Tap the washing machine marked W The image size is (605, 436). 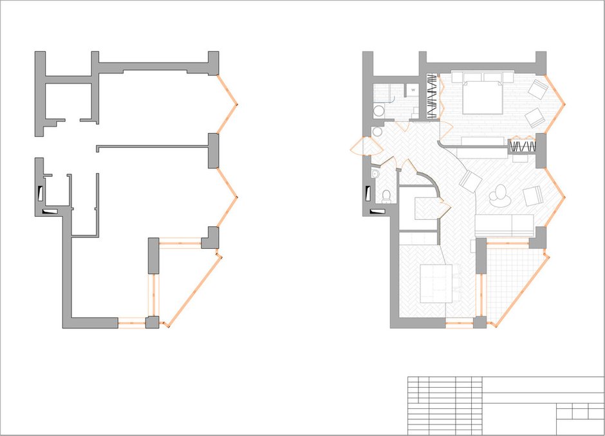413,90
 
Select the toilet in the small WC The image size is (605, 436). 386,197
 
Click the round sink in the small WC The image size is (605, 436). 375,174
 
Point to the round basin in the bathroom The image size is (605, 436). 379,110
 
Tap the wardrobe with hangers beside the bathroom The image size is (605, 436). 433,96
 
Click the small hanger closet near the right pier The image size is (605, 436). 523,146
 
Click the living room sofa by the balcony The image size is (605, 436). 505,226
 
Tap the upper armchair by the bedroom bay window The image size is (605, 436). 538,89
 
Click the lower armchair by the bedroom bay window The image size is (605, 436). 534,118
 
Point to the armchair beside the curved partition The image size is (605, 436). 470,181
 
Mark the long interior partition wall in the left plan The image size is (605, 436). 152,147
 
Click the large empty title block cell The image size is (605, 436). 543,385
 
